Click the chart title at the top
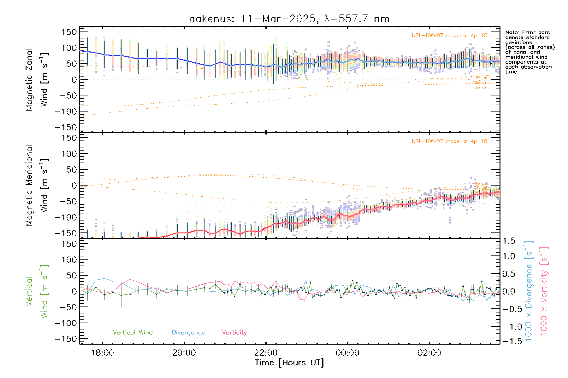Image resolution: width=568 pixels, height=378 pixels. click(x=289, y=19)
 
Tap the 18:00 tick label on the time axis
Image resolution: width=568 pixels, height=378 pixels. click(x=103, y=352)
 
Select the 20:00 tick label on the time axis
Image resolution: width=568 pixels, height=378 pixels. click(x=184, y=352)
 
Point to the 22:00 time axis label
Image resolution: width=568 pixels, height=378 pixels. click(x=266, y=352)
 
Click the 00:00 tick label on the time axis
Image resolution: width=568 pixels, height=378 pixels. click(x=347, y=352)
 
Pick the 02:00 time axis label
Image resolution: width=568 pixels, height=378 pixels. click(x=429, y=352)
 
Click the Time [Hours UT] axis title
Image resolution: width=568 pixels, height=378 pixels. click(x=289, y=363)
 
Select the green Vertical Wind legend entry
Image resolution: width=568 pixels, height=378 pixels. click(x=133, y=332)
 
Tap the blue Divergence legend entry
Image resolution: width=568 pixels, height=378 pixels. click(x=188, y=332)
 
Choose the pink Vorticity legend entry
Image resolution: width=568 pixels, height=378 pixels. click(x=234, y=332)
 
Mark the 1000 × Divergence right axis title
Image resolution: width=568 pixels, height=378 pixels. click(x=529, y=291)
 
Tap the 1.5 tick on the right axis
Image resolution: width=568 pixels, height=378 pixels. click(x=509, y=241)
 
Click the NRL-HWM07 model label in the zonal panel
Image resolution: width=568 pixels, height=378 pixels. click(x=449, y=36)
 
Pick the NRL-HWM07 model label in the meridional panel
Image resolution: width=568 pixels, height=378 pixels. click(x=449, y=141)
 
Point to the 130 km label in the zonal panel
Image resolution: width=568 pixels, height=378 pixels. click(x=480, y=87)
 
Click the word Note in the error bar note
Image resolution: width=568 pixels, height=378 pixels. click(x=512, y=32)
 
